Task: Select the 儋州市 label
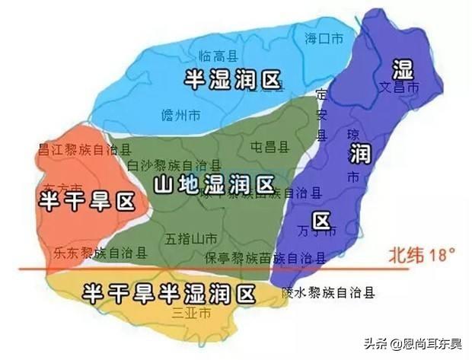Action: click(181, 115)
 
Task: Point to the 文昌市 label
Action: click(400, 88)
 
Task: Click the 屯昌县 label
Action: click(268, 145)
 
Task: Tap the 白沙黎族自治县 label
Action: click(174, 165)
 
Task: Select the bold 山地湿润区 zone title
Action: click(213, 183)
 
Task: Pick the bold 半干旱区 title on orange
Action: click(86, 201)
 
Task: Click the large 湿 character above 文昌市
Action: click(402, 68)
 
